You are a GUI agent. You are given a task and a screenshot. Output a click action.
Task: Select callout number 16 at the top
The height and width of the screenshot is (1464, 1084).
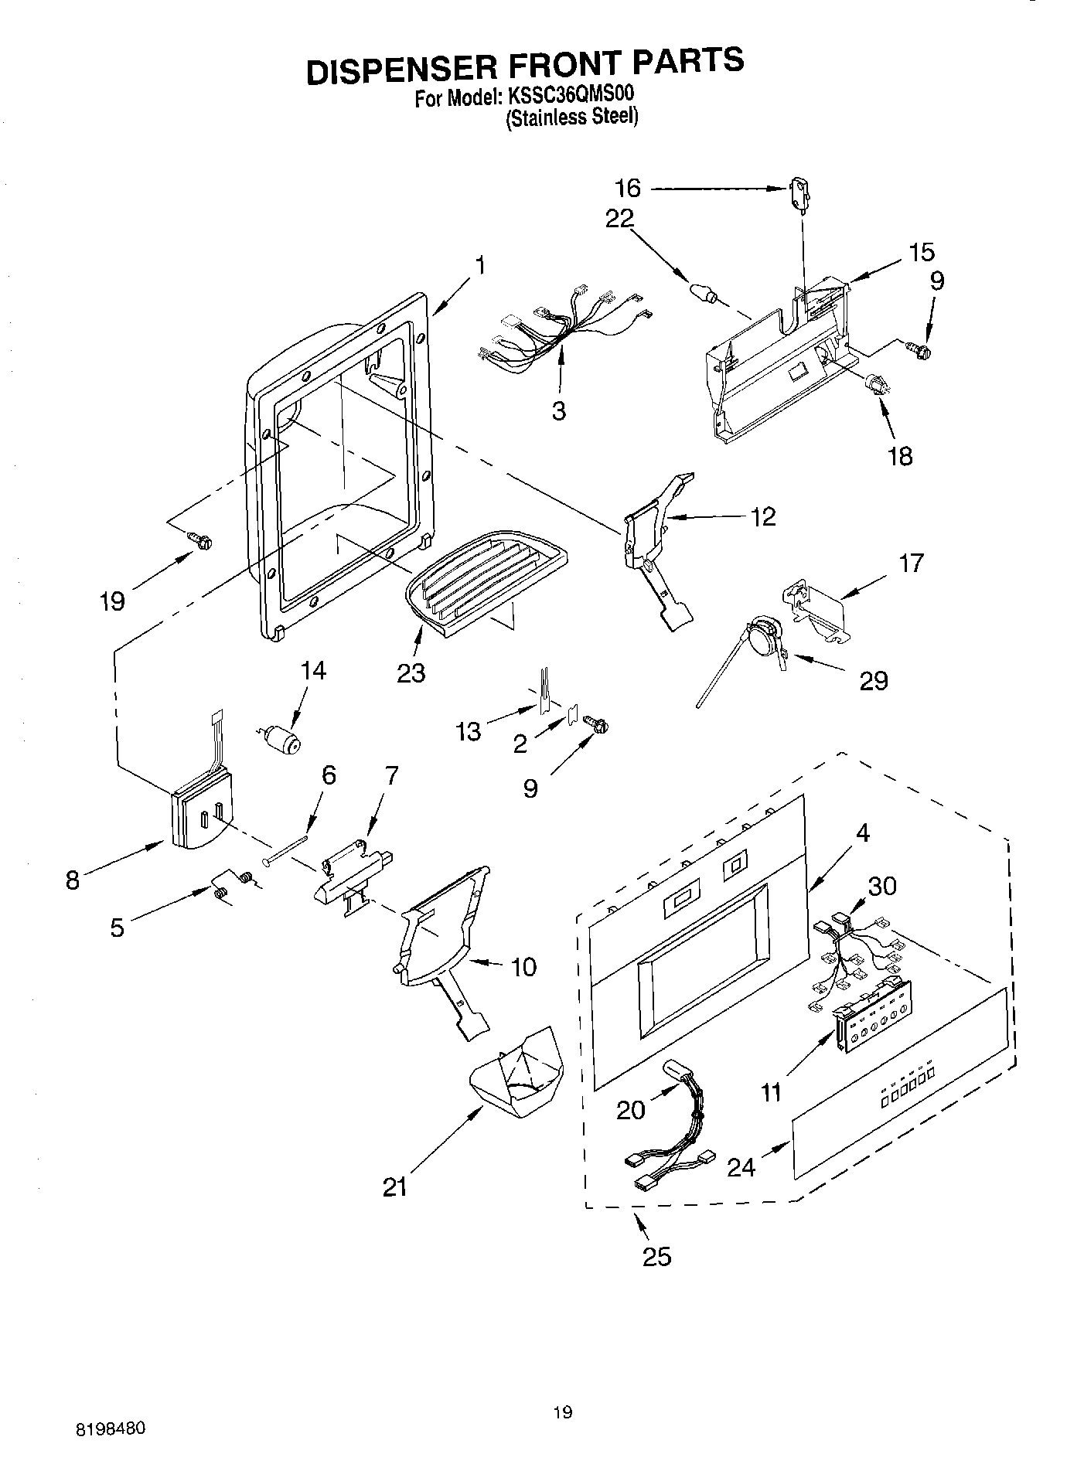click(628, 188)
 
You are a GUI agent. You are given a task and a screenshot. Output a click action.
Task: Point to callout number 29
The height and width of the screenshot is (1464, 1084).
click(874, 681)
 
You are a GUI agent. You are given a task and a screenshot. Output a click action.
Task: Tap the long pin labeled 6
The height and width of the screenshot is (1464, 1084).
click(288, 846)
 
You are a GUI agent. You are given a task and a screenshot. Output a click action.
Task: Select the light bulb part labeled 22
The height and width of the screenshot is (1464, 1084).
click(702, 294)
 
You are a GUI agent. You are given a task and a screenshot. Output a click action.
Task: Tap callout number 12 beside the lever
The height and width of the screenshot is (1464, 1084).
click(763, 516)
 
